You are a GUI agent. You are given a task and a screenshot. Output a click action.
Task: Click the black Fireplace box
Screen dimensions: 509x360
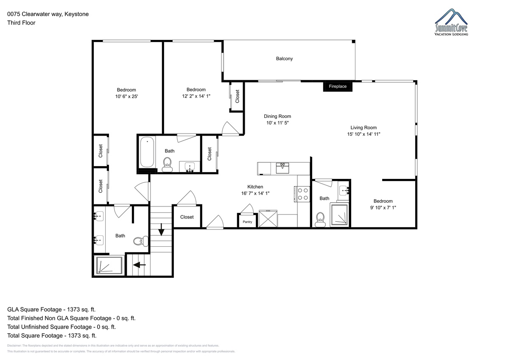338,87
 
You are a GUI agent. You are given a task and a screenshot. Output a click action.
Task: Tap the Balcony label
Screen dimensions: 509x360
284,59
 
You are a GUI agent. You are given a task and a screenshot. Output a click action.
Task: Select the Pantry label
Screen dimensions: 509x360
247,222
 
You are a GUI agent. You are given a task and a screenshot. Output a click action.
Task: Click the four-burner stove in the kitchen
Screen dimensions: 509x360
302,194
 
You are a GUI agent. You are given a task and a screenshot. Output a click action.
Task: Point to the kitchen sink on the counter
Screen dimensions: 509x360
282,168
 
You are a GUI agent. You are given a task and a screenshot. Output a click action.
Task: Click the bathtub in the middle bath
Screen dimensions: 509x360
147,152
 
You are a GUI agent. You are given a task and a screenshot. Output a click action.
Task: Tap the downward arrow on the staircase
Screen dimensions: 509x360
161,229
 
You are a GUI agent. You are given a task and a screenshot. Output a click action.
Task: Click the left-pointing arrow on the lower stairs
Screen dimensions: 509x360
139,265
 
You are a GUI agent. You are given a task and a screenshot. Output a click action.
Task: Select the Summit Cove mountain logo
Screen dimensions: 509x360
451,22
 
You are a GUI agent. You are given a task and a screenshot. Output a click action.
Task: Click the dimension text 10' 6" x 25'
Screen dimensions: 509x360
126,97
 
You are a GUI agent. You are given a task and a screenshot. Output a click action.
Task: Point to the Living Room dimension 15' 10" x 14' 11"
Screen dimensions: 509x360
364,134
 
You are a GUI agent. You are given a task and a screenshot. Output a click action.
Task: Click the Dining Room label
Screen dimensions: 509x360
277,116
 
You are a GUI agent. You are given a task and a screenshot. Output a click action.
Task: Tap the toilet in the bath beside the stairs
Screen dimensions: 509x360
141,241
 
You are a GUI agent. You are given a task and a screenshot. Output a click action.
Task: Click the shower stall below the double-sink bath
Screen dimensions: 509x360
109,265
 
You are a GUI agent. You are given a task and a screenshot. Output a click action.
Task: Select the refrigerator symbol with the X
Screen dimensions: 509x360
268,218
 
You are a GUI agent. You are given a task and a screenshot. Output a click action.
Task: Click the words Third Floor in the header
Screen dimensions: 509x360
21,23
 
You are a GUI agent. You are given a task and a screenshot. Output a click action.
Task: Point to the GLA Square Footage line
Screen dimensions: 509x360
51,310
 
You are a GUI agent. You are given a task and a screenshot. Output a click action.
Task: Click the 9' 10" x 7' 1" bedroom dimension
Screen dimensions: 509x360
383,208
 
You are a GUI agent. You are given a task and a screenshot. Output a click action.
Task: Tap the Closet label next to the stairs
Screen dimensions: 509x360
187,217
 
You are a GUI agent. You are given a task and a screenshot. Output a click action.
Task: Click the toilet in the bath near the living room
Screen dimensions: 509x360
320,219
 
